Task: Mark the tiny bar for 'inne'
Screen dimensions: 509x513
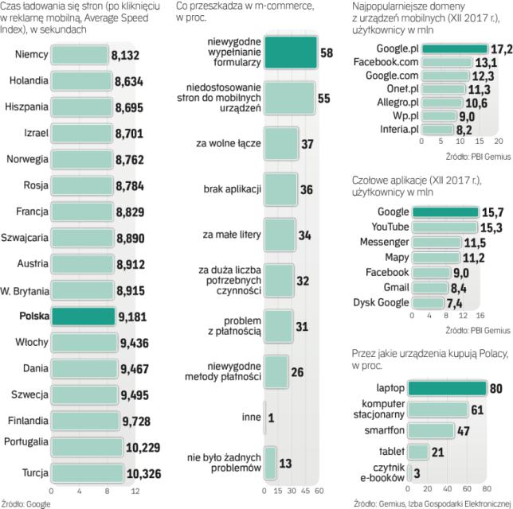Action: click(264, 417)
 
